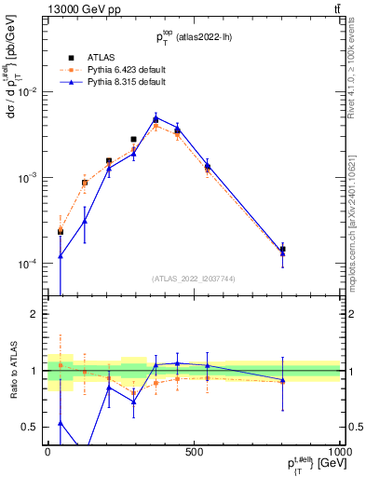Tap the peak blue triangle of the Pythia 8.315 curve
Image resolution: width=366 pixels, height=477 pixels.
[156, 118]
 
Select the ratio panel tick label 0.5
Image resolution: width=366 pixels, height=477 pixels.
[32, 428]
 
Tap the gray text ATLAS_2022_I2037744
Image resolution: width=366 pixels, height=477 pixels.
[193, 279]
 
